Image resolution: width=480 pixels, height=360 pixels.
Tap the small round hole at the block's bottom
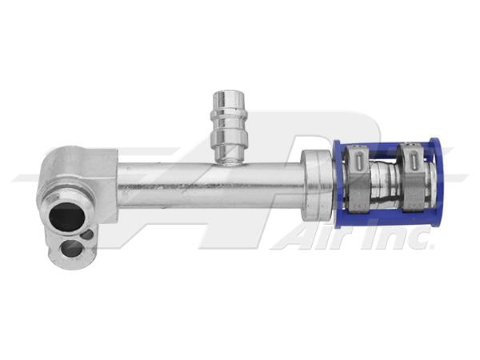(x=72, y=249)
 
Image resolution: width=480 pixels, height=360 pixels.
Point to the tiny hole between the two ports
(x=86, y=235)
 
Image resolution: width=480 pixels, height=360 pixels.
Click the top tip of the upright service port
(x=229, y=96)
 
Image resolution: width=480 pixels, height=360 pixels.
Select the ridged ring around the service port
(x=229, y=126)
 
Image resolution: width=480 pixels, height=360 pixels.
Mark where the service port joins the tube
(x=229, y=158)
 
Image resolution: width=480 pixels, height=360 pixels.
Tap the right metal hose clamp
(x=414, y=182)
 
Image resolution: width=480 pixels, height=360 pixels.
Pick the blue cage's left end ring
(x=337, y=184)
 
